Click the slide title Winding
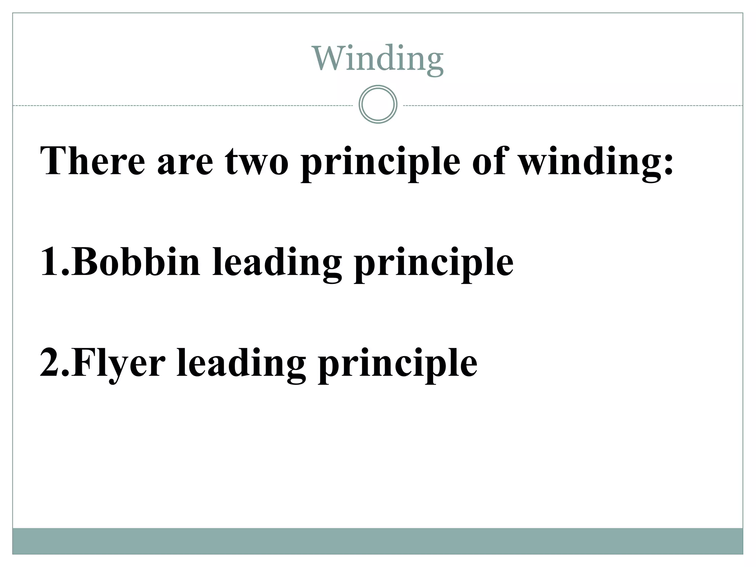click(378, 59)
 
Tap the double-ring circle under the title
click(378, 104)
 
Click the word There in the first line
click(93, 161)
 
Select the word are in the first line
click(185, 164)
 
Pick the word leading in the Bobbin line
click(277, 264)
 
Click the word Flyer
click(118, 365)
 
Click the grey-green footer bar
click(378, 541)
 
